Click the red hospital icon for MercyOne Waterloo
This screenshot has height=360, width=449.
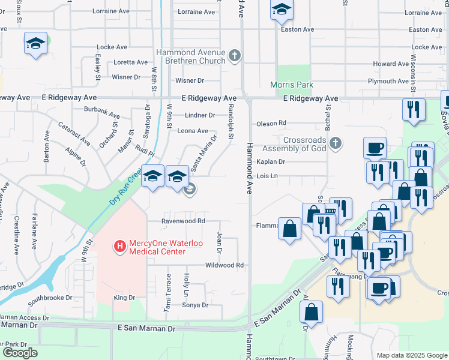click(x=119, y=246)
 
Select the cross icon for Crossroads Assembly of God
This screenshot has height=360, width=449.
click(x=336, y=143)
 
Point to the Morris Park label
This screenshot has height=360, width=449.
click(x=292, y=85)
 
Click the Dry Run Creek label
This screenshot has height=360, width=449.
click(x=125, y=187)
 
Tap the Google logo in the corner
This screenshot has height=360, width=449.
click(x=20, y=353)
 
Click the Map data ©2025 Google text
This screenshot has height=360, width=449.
click(x=411, y=355)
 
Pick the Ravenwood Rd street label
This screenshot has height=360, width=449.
click(x=183, y=221)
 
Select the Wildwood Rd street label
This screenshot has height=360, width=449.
click(x=224, y=265)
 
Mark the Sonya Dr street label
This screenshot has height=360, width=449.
click(x=196, y=305)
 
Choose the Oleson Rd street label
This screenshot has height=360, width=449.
click(x=271, y=123)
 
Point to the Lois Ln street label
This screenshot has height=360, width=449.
click(x=267, y=176)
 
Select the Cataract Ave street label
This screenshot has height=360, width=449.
click(x=74, y=134)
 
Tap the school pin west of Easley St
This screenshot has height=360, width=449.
click(x=36, y=44)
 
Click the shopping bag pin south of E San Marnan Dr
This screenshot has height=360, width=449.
click(x=311, y=312)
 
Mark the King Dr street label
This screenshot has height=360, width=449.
click(x=124, y=298)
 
